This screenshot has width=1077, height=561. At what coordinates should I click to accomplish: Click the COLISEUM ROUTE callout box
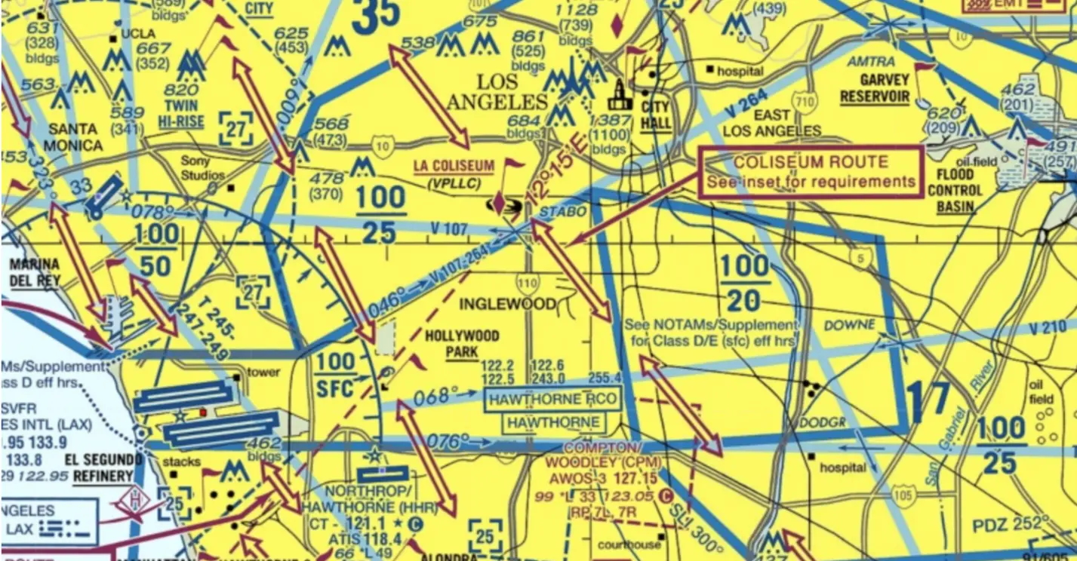(811, 172)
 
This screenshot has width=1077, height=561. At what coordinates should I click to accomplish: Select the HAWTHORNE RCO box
(553, 399)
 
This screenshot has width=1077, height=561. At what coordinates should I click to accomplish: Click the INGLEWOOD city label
(509, 304)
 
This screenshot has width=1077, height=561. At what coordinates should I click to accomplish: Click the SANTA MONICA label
(73, 136)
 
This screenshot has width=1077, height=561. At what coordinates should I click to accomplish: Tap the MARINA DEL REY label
(35, 272)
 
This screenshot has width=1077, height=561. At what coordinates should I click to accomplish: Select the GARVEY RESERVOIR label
(875, 88)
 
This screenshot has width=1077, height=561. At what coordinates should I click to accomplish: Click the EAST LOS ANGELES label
(772, 123)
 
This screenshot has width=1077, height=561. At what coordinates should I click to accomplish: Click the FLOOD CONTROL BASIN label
(955, 191)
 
